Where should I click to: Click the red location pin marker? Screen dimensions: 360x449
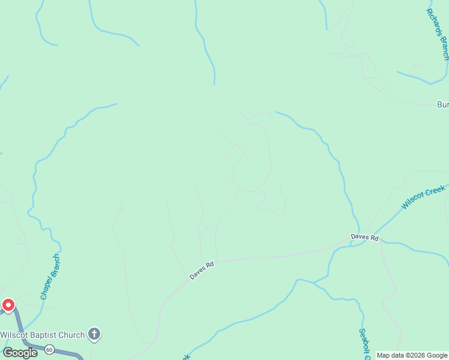click(x=8, y=305)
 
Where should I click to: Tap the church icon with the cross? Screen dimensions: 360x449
click(x=94, y=334)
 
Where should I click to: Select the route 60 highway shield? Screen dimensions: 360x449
click(x=49, y=349)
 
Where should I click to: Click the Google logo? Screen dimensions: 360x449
click(x=20, y=353)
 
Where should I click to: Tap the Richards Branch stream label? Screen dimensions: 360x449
click(x=438, y=34)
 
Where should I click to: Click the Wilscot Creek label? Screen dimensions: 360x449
click(x=423, y=197)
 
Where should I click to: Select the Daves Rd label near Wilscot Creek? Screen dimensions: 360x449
click(x=365, y=238)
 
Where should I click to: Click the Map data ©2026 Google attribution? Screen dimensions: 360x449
click(x=412, y=355)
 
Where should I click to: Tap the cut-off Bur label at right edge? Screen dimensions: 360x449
click(x=442, y=104)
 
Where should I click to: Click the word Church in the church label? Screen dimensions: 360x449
click(x=70, y=335)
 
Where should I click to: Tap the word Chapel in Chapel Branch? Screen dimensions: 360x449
click(x=45, y=289)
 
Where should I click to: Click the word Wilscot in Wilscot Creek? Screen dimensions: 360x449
click(x=413, y=202)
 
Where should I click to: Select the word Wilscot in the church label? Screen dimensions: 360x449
click(x=14, y=335)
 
